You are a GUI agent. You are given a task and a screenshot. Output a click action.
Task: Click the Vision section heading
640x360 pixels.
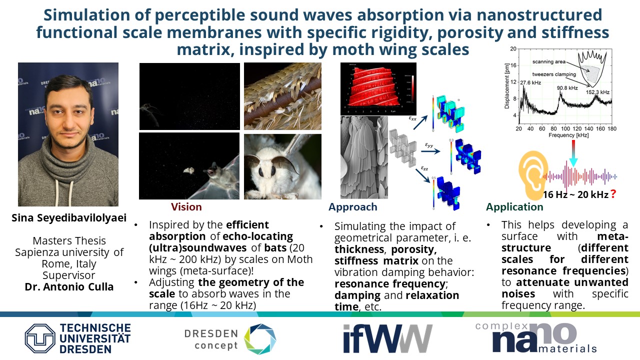[x=186, y=207]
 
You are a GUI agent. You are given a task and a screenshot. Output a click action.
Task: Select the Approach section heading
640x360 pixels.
[x=353, y=207]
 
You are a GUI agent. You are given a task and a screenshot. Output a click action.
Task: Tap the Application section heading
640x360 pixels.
[x=514, y=207]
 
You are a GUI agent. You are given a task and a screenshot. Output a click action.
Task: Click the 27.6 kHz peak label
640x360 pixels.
[x=530, y=83]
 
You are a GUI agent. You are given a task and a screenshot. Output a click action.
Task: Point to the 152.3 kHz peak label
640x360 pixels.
[x=597, y=92]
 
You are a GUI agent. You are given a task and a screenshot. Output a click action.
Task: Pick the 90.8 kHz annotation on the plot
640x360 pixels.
[x=567, y=88]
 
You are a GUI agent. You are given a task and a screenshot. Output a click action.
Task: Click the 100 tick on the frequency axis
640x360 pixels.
[x=565, y=128]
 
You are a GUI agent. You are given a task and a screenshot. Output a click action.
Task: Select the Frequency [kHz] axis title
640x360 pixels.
[x=568, y=135]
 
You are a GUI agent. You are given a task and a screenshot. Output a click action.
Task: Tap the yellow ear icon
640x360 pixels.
[x=533, y=175]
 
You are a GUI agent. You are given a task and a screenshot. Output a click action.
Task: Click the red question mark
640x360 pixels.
[x=613, y=194]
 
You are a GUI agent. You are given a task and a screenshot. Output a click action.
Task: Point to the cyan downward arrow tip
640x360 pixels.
[x=573, y=166]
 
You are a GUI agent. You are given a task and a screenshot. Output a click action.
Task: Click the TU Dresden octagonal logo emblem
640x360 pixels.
[x=40, y=338]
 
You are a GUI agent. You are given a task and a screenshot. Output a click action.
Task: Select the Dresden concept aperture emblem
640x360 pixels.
[x=260, y=339]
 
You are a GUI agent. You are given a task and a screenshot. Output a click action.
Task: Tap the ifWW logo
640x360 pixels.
[x=387, y=339]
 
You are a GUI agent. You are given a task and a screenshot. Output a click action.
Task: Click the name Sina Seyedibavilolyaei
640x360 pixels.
[x=69, y=218]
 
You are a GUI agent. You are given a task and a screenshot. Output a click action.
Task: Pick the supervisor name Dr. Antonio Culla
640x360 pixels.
[x=69, y=286]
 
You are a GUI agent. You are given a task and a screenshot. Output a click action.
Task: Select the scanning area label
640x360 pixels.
[x=549, y=61]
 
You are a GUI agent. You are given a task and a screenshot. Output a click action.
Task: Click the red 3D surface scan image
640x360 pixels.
[x=378, y=89]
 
